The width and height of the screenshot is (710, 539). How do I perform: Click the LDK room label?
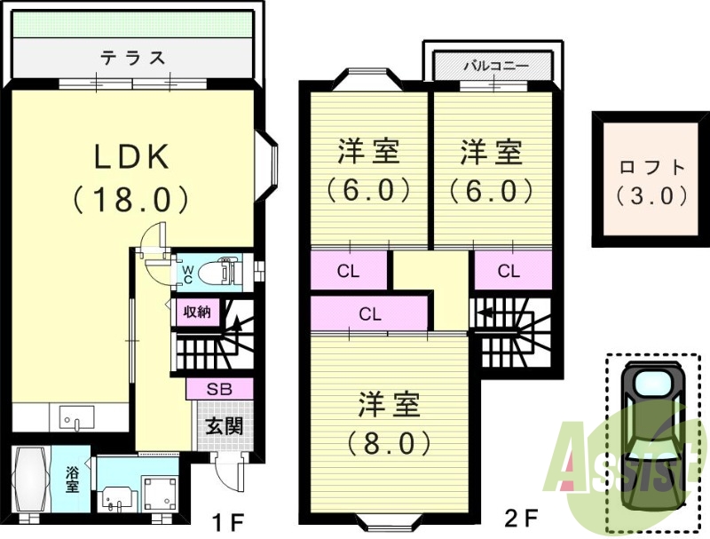(131, 156)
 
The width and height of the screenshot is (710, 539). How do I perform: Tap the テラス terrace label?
(132, 58)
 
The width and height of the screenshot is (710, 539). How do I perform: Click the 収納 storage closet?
(197, 312)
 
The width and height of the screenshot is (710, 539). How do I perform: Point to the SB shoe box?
(219, 389)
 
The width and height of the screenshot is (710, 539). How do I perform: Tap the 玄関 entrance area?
(225, 425)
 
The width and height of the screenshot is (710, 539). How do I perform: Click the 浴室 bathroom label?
(73, 480)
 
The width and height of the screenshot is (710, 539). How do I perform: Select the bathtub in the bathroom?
(31, 480)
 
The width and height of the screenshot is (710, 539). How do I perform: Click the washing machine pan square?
(161, 493)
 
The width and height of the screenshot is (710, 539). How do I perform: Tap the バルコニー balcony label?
(496, 66)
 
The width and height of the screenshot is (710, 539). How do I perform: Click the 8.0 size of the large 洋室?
(389, 443)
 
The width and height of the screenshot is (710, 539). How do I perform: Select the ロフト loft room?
(651, 178)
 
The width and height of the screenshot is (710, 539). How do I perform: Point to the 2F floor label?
(521, 517)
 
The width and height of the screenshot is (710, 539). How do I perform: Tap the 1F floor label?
(229, 523)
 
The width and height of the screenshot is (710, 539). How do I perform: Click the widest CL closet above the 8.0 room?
(369, 313)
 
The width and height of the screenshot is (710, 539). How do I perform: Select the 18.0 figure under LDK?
(130, 200)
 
